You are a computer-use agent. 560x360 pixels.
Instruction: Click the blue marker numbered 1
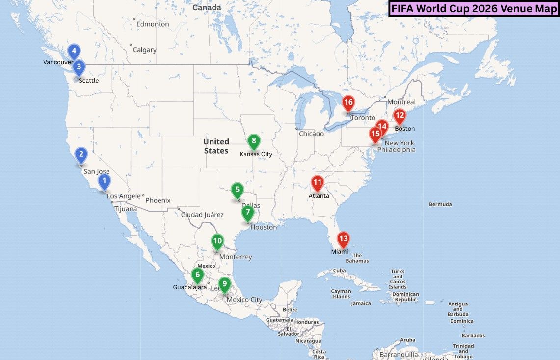click(104, 182)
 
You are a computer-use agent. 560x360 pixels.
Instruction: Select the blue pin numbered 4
click(74, 51)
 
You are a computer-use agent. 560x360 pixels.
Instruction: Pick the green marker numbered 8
click(253, 142)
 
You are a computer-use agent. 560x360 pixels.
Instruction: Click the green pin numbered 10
click(217, 242)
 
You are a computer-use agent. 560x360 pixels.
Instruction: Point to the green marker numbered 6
click(198, 275)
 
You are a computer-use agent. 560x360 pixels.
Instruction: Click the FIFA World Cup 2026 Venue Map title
click(474, 9)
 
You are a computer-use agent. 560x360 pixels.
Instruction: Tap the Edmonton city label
click(153, 24)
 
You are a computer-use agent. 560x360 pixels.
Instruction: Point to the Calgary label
click(144, 50)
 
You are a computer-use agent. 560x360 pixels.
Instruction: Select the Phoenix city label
click(158, 200)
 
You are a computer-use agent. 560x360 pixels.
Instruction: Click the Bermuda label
click(440, 204)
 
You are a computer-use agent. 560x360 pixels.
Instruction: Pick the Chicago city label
click(311, 134)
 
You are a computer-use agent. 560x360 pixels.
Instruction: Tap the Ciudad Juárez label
click(202, 215)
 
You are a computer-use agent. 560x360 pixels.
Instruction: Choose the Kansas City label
click(256, 154)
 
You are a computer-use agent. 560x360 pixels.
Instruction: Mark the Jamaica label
click(361, 303)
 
